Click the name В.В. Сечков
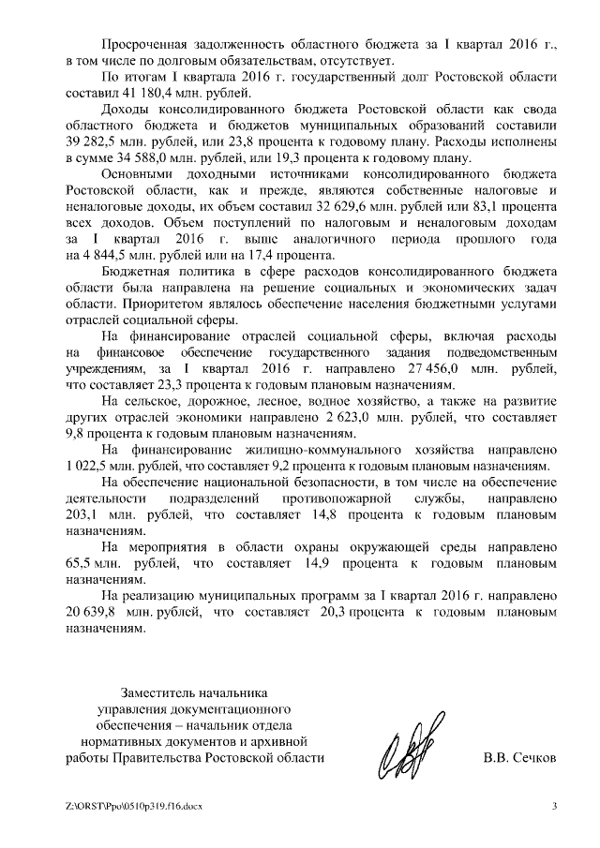point(519,757)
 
